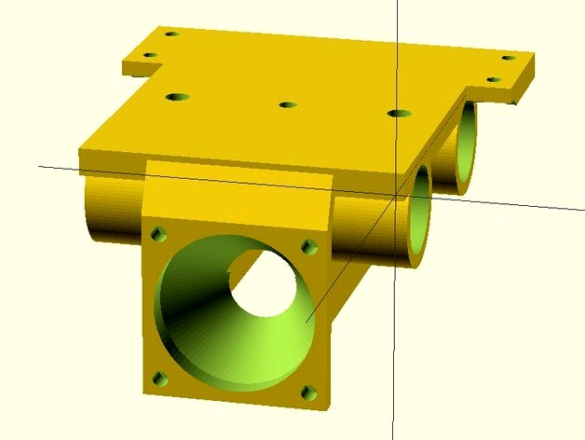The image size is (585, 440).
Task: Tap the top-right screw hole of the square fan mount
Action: pyautogui.click(x=308, y=247)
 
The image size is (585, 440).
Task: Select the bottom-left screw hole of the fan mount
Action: pyautogui.click(x=158, y=378)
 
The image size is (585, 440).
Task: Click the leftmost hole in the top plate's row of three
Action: pyautogui.click(x=177, y=96)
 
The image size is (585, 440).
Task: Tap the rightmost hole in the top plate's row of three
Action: pyautogui.click(x=400, y=114)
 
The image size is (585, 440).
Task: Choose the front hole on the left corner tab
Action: pyautogui.click(x=149, y=54)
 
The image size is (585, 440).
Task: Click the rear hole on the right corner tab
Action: pyautogui.click(x=508, y=58)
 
